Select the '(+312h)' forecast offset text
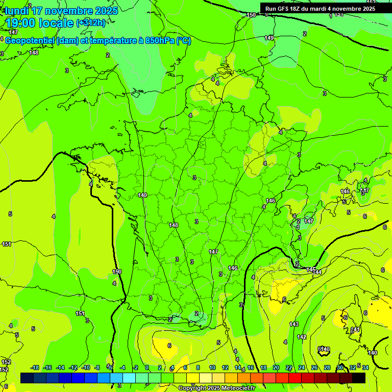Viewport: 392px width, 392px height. [90, 22]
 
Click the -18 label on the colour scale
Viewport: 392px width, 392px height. [35, 367]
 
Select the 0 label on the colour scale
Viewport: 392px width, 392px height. [147, 367]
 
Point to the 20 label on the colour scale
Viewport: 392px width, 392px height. [276, 367]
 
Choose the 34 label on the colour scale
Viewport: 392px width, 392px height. [365, 367]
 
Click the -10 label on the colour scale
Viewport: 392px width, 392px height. [86, 367]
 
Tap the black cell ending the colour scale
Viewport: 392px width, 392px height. [359, 378]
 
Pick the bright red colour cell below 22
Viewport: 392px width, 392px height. [295, 378]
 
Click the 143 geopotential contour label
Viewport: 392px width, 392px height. [294, 324]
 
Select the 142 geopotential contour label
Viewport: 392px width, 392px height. [302, 337]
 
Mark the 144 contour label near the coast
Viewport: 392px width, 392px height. [317, 273]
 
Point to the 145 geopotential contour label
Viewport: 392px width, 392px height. [311, 269]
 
